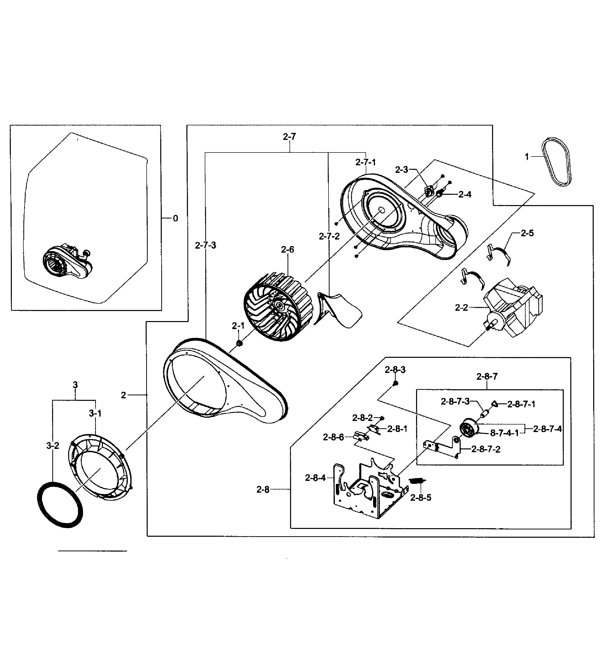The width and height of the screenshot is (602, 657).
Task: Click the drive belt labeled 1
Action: click(556, 162)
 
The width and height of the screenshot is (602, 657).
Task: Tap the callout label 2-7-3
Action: click(206, 245)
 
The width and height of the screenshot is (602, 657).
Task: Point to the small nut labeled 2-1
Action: click(239, 343)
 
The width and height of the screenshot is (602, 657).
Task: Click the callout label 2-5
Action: click(527, 233)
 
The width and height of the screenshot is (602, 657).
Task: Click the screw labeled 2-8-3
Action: click(395, 383)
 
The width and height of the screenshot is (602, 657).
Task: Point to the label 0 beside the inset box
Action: click(175, 218)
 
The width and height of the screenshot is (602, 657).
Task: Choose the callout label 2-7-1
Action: click(366, 162)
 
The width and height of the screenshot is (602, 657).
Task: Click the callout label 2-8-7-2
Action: click(486, 449)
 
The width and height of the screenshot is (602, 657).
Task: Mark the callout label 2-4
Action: click(465, 194)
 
